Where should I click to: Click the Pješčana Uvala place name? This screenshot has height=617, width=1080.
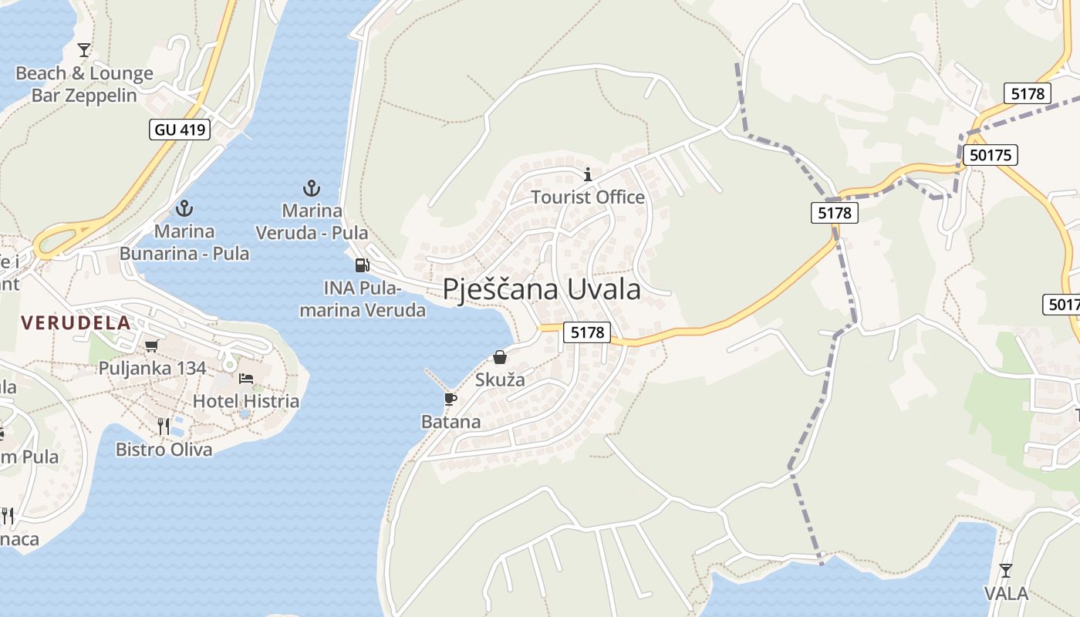coord(542,290)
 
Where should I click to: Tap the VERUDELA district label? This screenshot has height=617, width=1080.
coord(76,322)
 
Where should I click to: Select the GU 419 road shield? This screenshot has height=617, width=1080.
coord(181,130)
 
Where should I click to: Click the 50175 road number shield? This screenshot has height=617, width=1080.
coord(991,155)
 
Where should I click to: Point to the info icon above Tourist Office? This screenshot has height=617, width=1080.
coord(588,174)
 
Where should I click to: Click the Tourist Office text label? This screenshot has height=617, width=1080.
coord(588,197)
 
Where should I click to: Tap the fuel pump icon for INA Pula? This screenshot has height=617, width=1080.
coord(361,265)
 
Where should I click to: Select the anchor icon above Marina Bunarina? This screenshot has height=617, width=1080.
coord(184,207)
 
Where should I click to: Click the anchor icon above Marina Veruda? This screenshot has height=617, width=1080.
coord(311,187)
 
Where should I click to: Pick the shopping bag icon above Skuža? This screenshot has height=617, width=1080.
coord(500,357)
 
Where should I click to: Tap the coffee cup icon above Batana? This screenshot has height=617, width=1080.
coord(451,399)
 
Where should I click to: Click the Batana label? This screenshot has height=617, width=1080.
coord(451,422)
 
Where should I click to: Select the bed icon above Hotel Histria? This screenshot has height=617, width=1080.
coord(246,379)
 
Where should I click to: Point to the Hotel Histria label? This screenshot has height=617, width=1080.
coord(246,401)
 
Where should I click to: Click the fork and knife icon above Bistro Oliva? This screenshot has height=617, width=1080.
coord(164,427)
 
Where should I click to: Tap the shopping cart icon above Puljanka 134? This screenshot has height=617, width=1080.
coord(151,346)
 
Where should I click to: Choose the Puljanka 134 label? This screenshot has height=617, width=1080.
coord(152,368)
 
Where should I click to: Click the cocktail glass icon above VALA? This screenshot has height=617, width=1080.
coord(1005,571)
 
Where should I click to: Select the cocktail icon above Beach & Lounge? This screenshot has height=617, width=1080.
coord(84,50)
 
